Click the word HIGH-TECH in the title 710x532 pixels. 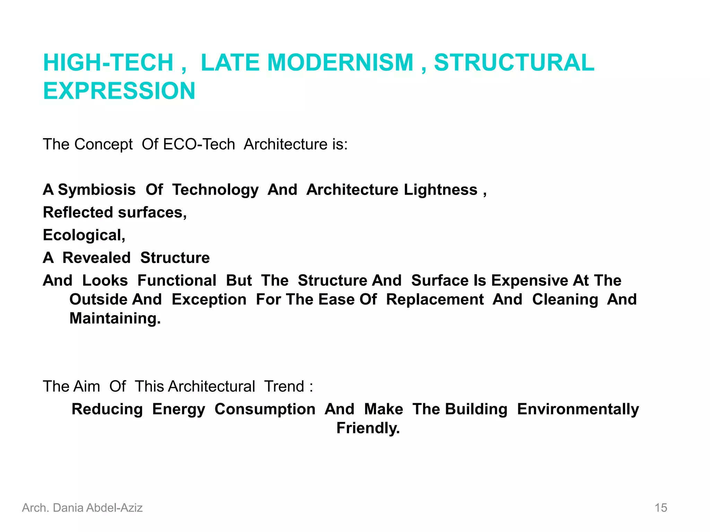pyautogui.click(x=108, y=63)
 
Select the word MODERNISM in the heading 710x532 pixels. pyautogui.click(x=340, y=63)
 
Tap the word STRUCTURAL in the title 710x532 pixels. pyautogui.click(x=514, y=63)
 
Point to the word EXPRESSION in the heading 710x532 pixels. pyautogui.click(x=119, y=91)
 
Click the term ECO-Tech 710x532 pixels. pyautogui.click(x=199, y=144)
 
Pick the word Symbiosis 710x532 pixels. pyautogui.click(x=97, y=190)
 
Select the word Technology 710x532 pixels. pyautogui.click(x=215, y=190)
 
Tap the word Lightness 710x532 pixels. pyautogui.click(x=441, y=190)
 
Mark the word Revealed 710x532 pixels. pyautogui.click(x=96, y=258)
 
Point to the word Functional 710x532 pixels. pyautogui.click(x=177, y=281)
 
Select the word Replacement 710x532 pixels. pyautogui.click(x=435, y=300)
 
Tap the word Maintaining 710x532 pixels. pyautogui.click(x=115, y=318)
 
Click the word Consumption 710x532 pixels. pyautogui.click(x=265, y=409)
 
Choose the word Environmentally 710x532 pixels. pyautogui.click(x=578, y=409)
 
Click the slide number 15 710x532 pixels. pyautogui.click(x=661, y=508)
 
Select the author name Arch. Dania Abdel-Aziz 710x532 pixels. pyautogui.click(x=83, y=508)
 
